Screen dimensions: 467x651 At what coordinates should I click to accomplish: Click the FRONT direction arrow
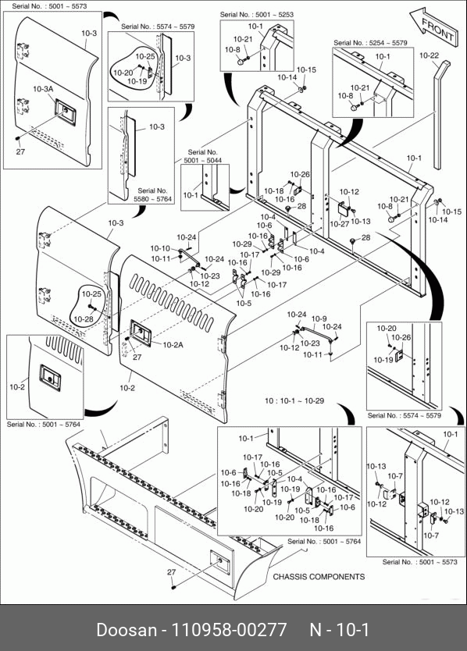point(433,27)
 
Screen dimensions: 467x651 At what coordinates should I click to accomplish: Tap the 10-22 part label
point(429,55)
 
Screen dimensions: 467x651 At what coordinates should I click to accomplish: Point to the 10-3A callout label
point(43,89)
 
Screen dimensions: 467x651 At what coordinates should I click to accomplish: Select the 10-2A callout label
point(173,344)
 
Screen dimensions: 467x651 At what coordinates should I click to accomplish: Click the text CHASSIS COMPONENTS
point(319,577)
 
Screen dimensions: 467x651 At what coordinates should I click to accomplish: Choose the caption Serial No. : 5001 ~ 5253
point(256,15)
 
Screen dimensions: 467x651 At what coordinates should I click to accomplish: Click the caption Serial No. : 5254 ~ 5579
point(370,43)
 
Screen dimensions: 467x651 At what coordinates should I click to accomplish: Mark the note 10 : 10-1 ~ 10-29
point(294,401)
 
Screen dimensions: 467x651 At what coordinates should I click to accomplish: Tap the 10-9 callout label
point(319,318)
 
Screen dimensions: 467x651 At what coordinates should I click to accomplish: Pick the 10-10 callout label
point(160,248)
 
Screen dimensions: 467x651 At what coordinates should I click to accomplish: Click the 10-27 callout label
point(340,224)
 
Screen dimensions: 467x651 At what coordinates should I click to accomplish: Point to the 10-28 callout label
point(84,319)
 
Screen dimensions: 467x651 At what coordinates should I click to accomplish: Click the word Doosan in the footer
point(127,630)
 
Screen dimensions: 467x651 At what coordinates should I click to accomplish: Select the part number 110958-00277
point(230,630)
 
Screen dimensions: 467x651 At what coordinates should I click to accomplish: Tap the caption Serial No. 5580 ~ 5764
point(152,194)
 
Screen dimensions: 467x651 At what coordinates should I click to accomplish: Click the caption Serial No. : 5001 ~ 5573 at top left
point(49,6)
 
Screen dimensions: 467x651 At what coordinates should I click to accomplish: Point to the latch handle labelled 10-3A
point(66,112)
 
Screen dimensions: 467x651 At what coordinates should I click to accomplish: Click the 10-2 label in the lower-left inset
point(17,387)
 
